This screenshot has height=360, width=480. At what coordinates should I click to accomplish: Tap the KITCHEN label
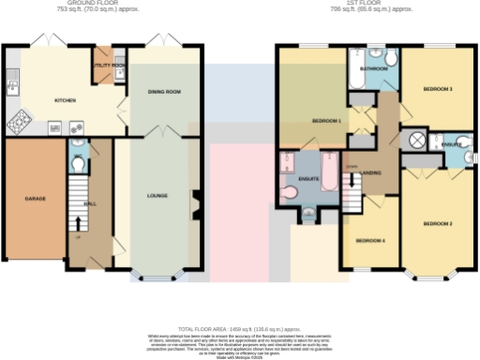(65, 99)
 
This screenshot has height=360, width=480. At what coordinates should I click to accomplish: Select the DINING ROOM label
(163, 92)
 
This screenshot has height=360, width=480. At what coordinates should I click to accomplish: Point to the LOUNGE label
(157, 196)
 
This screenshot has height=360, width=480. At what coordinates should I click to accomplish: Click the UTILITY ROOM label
(109, 66)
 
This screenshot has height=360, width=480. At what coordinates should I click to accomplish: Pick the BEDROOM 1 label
(325, 121)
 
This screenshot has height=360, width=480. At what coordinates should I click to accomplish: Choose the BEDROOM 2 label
(437, 223)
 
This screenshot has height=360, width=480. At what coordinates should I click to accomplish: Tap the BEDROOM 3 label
(437, 89)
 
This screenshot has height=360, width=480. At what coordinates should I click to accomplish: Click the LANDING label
(370, 172)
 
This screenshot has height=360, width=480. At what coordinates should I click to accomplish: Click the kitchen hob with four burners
(20, 122)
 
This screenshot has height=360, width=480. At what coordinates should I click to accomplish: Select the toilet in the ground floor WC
(79, 162)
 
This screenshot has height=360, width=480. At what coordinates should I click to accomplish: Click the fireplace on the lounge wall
(195, 200)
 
